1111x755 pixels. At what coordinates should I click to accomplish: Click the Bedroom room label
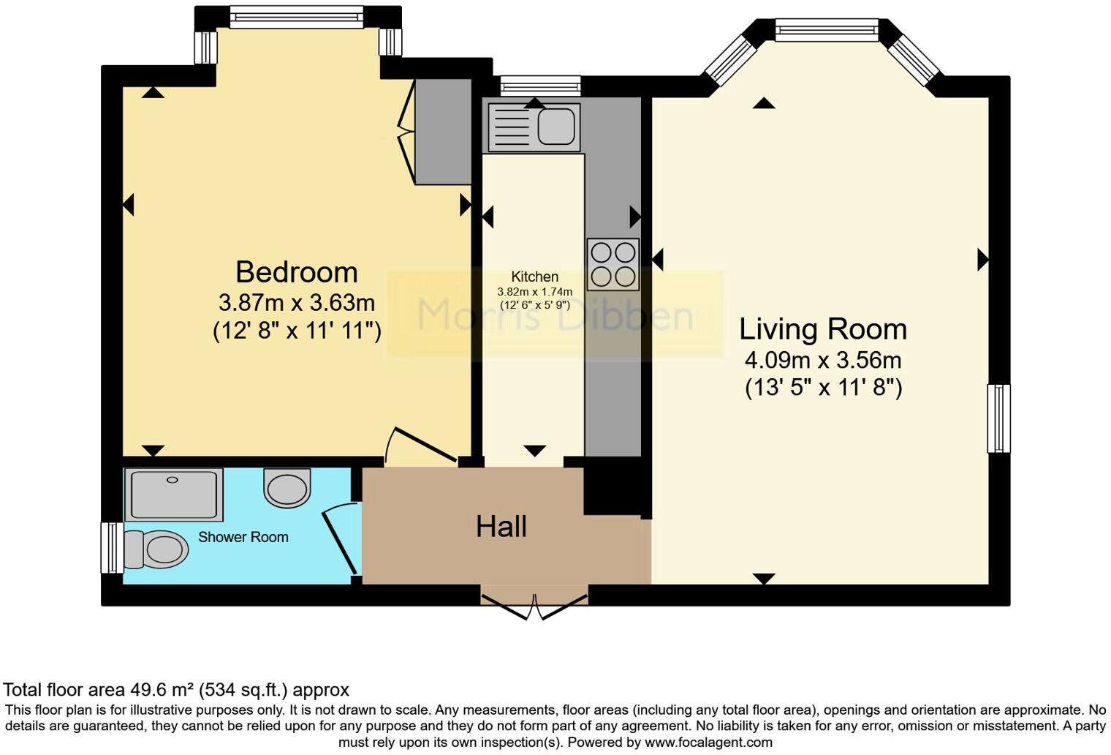point(296,272)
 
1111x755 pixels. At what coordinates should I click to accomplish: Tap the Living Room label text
point(822,329)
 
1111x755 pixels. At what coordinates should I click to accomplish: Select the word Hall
point(501,527)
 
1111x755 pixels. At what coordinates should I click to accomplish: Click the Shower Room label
point(243,537)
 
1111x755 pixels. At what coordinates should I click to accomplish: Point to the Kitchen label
point(534,277)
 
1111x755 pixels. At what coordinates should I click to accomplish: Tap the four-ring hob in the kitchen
point(613,264)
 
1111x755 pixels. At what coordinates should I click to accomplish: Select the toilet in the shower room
point(156,549)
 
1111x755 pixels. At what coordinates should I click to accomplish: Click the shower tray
point(173,495)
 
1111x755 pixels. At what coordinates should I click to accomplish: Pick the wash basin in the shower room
point(287,487)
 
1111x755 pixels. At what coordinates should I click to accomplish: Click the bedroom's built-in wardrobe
point(443,132)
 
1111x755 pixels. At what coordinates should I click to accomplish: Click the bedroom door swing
point(420,446)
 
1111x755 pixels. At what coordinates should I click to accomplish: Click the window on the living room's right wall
point(998,418)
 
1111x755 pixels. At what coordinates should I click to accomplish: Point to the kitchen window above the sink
point(540,86)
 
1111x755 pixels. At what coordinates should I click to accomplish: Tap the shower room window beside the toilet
point(112,547)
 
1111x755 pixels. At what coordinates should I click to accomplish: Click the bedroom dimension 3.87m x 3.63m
point(296,302)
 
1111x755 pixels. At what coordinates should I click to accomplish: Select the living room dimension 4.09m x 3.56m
point(822,360)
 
